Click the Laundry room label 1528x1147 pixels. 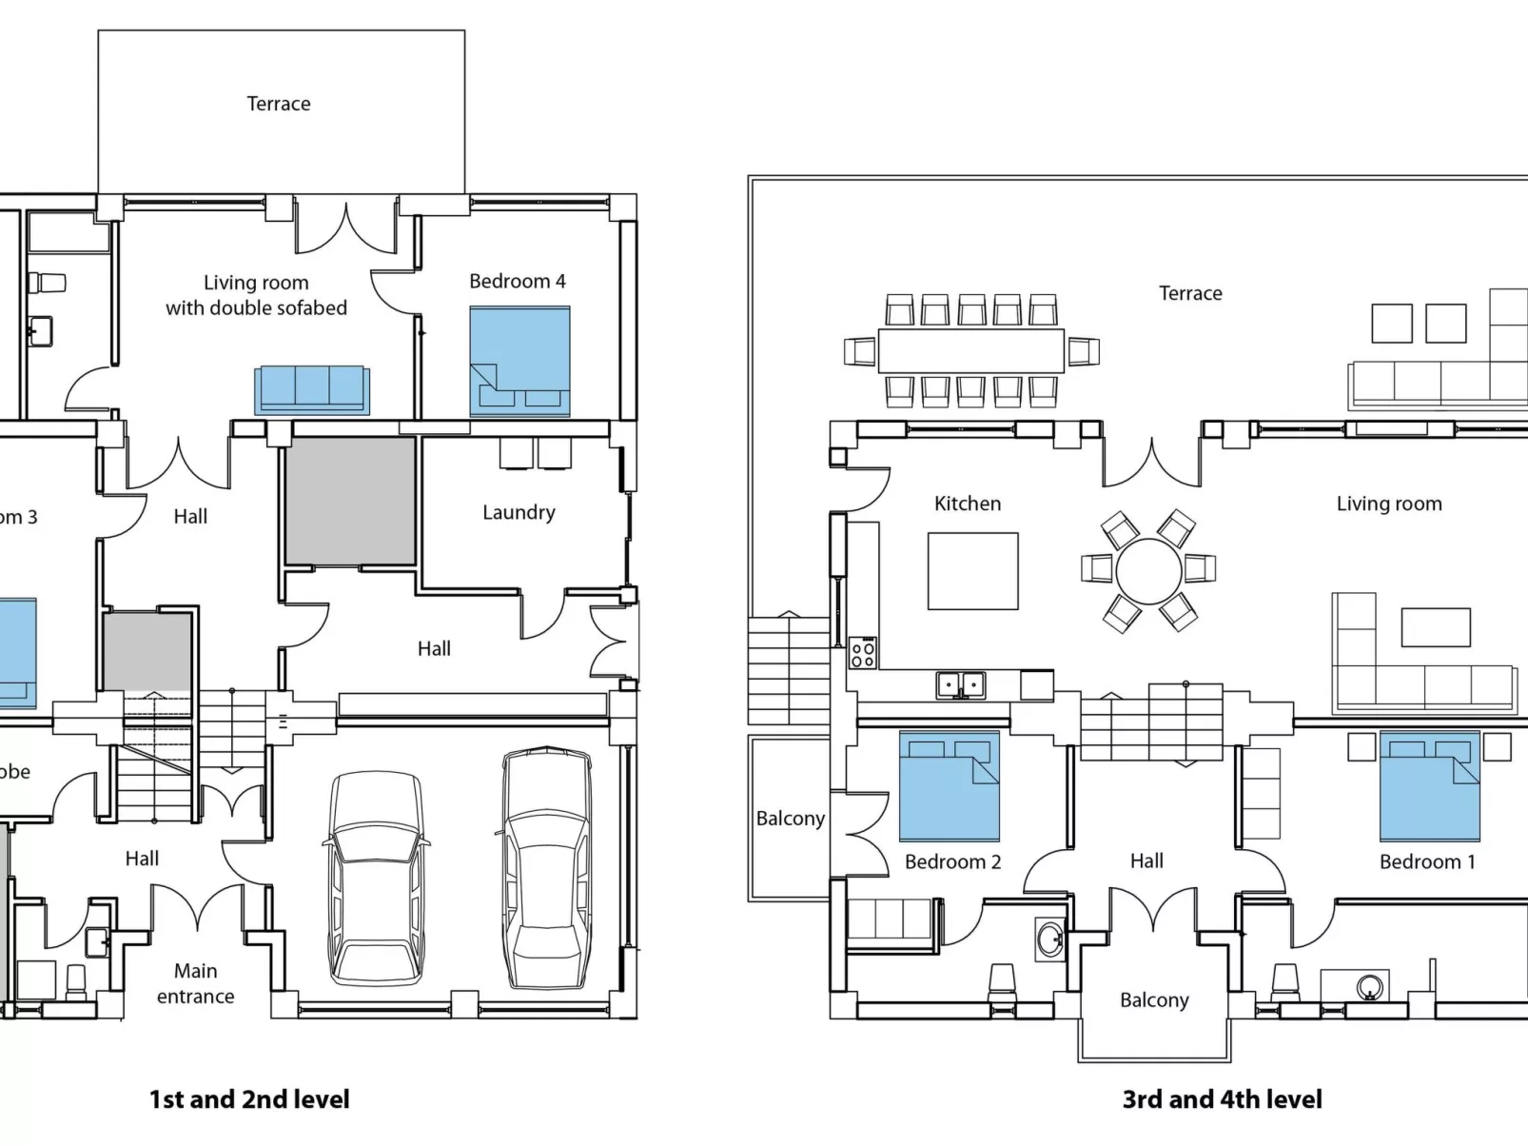tap(519, 512)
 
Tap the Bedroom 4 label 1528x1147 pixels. tap(517, 281)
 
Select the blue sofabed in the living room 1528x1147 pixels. tap(312, 388)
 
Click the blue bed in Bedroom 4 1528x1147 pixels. tap(519, 361)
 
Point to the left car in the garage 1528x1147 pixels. tap(377, 878)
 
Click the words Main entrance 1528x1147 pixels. tap(195, 983)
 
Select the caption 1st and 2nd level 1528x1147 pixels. tap(249, 1099)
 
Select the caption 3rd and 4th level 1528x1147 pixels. tap(1222, 1099)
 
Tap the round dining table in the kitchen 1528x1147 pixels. tap(1148, 571)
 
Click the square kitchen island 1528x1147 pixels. tap(972, 571)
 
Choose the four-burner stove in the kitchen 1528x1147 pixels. tap(863, 652)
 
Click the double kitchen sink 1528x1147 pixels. tap(960, 684)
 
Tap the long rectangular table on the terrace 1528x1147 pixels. tap(970, 350)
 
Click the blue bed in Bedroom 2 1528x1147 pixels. tap(949, 785)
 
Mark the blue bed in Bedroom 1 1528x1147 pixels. tap(1429, 785)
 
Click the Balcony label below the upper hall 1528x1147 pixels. tap(1154, 999)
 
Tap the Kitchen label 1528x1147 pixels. tap(967, 504)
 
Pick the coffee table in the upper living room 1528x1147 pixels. tap(1435, 627)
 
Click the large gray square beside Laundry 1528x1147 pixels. tap(350, 501)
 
